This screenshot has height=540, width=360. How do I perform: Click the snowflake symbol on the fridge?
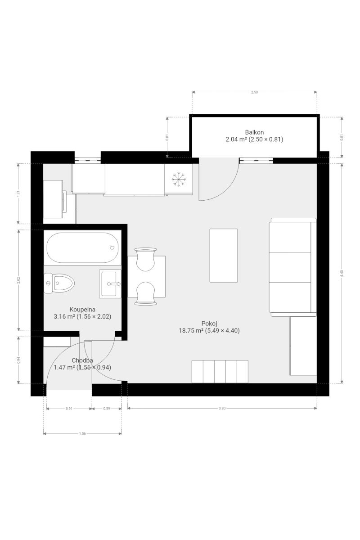pos(179,179)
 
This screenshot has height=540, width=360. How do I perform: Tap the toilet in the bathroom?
pos(59,283)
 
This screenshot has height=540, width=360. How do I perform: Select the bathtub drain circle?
pos(112,247)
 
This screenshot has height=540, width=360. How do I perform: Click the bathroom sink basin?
pos(110,284)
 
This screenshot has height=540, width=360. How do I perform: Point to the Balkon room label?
pos(254,132)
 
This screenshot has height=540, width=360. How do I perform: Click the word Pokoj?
pos(209,324)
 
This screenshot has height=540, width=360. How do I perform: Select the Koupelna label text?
pos(82,309)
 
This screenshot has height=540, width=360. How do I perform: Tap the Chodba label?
pos(82,360)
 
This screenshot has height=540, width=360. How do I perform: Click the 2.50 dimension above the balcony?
pos(254,92)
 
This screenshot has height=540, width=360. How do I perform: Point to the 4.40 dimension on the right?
pos(342,274)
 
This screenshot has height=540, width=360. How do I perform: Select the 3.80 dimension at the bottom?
pos(222,409)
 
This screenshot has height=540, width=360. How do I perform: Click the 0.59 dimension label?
pos(107,409)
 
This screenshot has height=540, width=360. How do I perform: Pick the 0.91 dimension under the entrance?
pos(69,409)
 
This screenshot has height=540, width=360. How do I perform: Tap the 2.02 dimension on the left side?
pos(19,280)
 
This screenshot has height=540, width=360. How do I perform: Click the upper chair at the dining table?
pos(145,259)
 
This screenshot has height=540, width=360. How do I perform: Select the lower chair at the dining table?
pos(145,293)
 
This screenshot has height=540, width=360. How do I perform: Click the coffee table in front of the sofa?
pos(224,255)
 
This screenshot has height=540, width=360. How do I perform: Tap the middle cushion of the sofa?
pos(290,267)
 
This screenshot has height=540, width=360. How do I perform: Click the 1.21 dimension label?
pos(19,194)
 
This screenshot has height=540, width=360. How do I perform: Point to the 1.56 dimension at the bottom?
pos(82,434)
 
